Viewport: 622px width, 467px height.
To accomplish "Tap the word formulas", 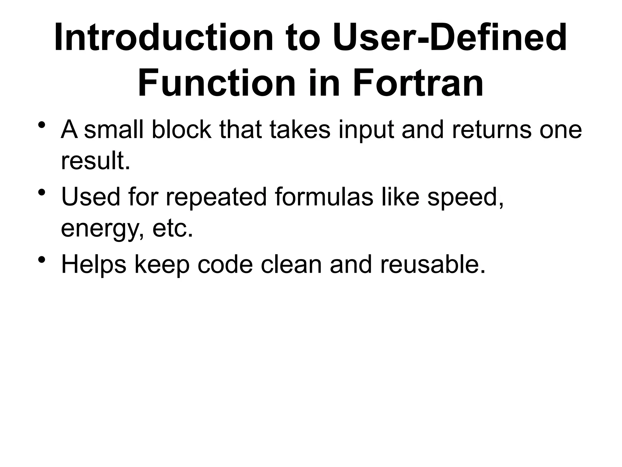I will point(324,197).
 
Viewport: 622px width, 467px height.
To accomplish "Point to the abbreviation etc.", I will point(173,229).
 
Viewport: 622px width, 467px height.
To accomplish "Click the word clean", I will point(291,265).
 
